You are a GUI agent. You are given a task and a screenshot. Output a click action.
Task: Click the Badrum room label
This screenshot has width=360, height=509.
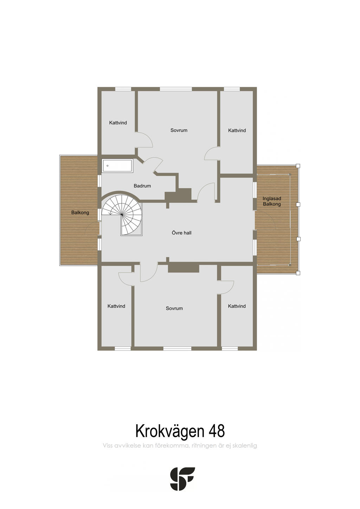(142, 186)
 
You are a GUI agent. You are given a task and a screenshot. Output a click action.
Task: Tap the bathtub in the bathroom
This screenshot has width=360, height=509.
(117, 166)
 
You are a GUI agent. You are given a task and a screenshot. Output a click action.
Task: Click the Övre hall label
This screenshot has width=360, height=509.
(181, 233)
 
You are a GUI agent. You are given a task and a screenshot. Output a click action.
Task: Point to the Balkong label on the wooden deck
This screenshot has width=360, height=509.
(80, 212)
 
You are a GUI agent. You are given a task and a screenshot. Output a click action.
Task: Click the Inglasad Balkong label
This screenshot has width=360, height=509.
(272, 201)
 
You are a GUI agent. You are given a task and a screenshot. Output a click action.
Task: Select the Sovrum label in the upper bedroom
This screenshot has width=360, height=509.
(179, 130)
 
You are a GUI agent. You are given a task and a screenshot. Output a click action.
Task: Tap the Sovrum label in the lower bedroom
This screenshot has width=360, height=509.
(174, 308)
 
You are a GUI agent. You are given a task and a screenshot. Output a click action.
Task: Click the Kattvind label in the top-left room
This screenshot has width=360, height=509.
(118, 123)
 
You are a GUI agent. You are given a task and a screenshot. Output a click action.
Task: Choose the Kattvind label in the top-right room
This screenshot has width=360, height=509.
(237, 130)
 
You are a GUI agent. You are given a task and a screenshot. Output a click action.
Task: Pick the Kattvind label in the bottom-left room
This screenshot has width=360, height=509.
(116, 306)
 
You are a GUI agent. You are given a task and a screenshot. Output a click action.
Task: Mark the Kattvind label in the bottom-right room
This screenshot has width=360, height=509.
(237, 306)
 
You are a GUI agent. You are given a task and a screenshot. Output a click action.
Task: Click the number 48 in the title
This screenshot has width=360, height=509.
(217, 431)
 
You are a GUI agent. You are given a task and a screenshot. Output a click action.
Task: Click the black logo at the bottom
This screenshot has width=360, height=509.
(182, 479)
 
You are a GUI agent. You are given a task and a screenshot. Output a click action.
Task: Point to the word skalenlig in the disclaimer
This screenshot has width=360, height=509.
(245, 446)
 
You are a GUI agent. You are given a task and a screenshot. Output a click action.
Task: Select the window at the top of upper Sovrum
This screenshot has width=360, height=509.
(176, 89)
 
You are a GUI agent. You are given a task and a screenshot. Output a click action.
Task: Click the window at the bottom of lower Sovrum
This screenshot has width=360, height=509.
(177, 348)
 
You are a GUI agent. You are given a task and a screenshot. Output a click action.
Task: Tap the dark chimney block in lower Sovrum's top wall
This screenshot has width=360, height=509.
(184, 268)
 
